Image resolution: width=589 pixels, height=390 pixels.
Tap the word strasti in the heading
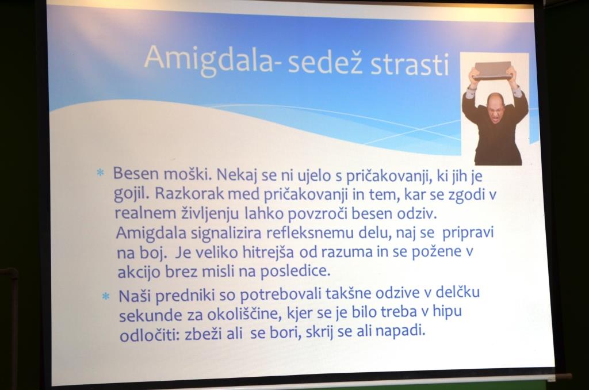point(410,64)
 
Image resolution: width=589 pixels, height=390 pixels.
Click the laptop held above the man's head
point(492,71)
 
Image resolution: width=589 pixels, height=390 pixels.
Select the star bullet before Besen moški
point(100,173)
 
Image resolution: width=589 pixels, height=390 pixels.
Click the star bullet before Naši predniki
point(106,296)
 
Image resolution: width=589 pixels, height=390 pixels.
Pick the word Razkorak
point(189,193)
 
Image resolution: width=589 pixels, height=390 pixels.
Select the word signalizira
point(225,234)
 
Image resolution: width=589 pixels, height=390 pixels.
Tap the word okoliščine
point(244,315)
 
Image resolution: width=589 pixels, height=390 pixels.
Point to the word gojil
point(132,194)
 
